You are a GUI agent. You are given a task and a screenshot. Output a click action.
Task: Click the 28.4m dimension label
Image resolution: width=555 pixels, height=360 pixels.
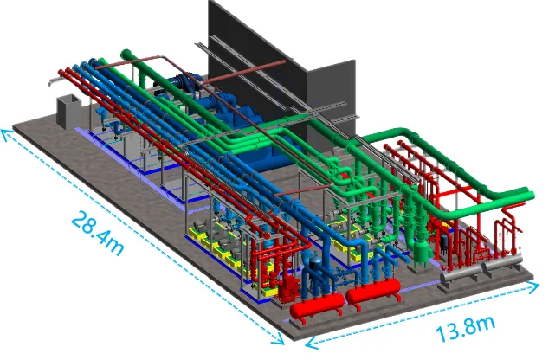tap(97, 234)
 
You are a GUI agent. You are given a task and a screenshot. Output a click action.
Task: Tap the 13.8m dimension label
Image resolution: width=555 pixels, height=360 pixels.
tap(465, 328)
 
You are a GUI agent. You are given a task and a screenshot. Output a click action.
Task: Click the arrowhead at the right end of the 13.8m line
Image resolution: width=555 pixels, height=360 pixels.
tap(533, 287)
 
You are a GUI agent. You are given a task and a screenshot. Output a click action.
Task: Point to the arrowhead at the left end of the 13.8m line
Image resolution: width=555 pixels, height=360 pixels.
tap(311, 343)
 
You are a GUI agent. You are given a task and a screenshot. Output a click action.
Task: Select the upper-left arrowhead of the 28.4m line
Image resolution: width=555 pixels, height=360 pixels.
tap(7, 135)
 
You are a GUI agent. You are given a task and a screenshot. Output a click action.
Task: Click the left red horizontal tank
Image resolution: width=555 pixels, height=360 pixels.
tap(317, 306)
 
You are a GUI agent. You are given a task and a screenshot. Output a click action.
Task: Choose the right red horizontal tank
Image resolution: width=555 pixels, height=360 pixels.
tap(373, 290)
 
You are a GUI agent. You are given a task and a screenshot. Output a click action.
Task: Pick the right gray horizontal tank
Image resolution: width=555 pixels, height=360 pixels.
tap(502, 262)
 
